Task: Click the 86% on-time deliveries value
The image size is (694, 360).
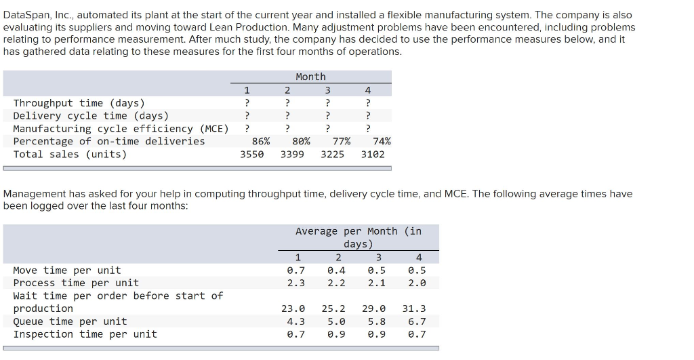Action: coord(260,141)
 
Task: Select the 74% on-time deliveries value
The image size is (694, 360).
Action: coord(382,141)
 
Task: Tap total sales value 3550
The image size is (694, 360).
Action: coord(252,154)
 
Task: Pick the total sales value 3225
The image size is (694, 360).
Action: coord(332,154)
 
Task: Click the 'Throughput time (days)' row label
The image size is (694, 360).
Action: coord(79,103)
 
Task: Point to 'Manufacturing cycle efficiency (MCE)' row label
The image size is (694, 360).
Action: coord(121,129)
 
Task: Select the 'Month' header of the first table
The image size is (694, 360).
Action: coord(310,77)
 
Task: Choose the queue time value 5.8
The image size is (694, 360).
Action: coord(377,321)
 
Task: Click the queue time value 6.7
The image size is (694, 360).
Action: coord(417,321)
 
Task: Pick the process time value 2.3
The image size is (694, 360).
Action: coord(296,283)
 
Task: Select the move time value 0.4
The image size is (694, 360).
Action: coord(336,270)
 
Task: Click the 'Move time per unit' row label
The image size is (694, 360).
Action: coord(67,270)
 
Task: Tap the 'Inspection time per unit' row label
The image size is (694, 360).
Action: coord(85,334)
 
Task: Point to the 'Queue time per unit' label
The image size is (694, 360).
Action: coord(70,321)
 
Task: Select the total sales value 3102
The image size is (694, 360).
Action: coord(373,154)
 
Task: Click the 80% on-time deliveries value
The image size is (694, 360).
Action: coord(301,141)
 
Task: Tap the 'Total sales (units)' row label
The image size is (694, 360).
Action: coord(70,154)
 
